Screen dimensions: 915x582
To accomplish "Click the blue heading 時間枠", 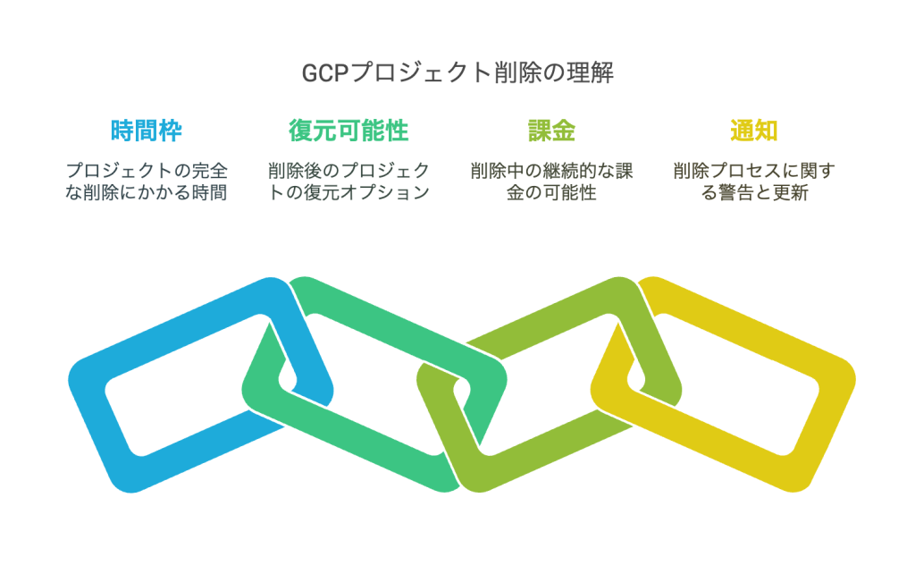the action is point(146,131).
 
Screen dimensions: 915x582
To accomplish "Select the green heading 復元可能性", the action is point(348,131).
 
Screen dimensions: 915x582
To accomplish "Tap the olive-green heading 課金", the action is point(551,131).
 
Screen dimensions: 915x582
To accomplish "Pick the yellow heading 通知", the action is point(754,131).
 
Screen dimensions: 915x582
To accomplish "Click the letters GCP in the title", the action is point(324,73).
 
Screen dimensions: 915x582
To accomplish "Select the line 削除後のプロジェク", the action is point(348,171).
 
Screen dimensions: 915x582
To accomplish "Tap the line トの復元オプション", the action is point(348,192).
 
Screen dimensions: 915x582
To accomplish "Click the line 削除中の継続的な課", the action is point(551,171).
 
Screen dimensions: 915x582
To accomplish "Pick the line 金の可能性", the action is point(551,192).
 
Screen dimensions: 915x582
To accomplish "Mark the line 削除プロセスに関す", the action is point(754,171).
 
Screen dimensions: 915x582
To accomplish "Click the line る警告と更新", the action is point(754,192).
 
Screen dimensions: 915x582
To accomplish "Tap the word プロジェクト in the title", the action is point(421,73).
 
